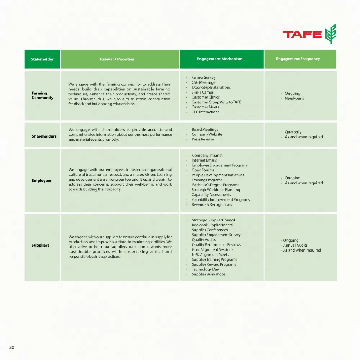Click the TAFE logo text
(x=302, y=35)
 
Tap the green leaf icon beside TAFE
(x=330, y=34)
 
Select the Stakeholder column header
(x=42, y=59)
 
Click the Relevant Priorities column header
(x=117, y=59)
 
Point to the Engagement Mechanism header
(x=220, y=59)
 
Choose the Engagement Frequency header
(x=298, y=59)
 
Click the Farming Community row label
(x=42, y=95)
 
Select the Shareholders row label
(x=44, y=136)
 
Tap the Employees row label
(x=42, y=181)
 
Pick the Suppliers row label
(x=40, y=246)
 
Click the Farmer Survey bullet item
(x=203, y=78)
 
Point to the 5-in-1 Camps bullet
(x=202, y=93)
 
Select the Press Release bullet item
(x=202, y=139)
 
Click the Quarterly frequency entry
(x=293, y=132)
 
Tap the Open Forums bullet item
(x=203, y=170)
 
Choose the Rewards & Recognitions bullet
(x=212, y=205)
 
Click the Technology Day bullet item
(x=205, y=269)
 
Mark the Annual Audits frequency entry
(x=295, y=246)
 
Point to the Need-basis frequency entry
(x=294, y=98)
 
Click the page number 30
(x=12, y=347)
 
